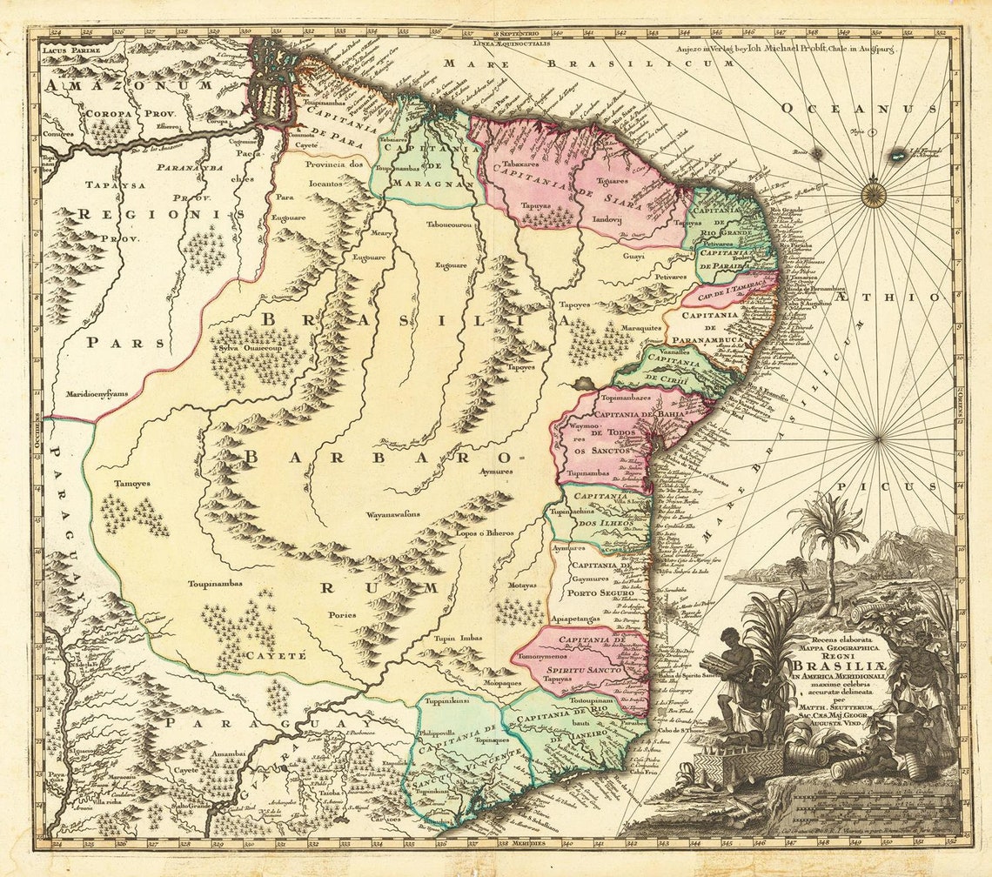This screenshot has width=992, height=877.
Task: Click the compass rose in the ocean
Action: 875,193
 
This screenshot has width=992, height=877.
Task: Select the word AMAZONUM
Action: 130,85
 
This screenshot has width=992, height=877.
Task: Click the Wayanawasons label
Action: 392,514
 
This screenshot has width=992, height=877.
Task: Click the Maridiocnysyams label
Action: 97,393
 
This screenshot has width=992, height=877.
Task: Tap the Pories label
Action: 342,614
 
